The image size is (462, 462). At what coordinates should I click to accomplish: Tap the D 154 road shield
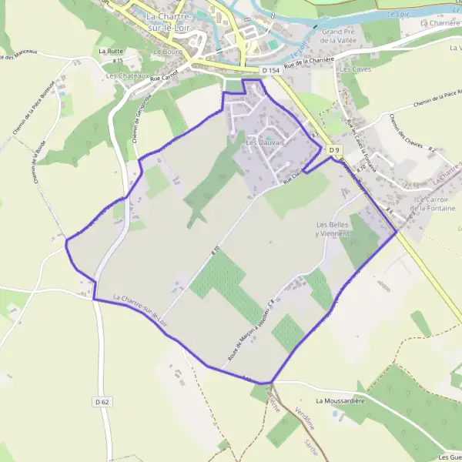(269, 71)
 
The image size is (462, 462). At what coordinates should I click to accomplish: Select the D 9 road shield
(333, 149)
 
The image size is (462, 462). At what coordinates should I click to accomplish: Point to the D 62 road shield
(103, 401)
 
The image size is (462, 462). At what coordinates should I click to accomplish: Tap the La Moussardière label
(340, 401)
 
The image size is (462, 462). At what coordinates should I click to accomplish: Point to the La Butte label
(111, 50)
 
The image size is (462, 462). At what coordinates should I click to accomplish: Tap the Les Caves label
(355, 69)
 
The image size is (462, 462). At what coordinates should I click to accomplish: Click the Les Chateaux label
(126, 76)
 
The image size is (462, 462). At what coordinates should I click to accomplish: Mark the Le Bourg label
(166, 52)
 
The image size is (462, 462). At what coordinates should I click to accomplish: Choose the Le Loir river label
(398, 15)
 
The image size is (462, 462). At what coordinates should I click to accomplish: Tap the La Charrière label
(440, 23)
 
